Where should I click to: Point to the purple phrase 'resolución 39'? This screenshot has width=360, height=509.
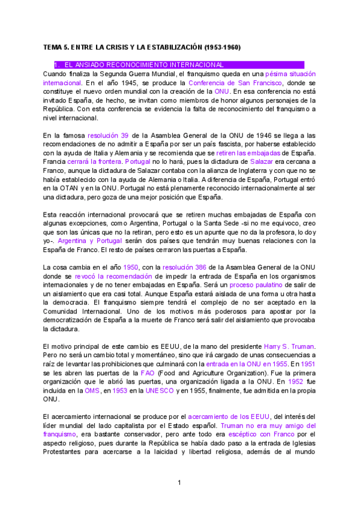click(107, 136)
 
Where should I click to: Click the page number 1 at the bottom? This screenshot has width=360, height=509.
click(179, 483)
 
